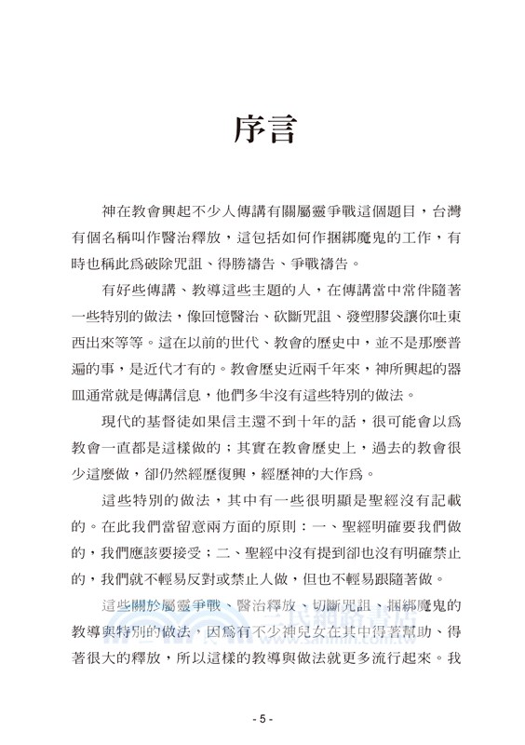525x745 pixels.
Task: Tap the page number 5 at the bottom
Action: (262, 719)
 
